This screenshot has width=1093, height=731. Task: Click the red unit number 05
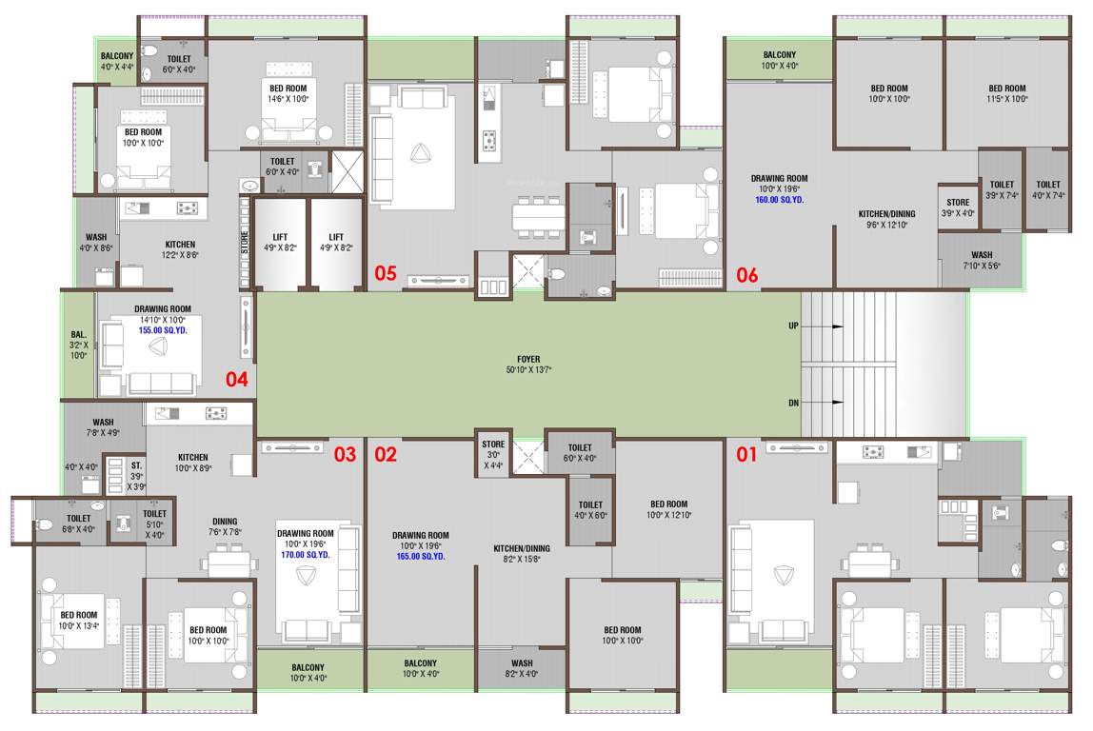click(x=385, y=274)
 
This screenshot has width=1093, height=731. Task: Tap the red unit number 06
click(x=747, y=275)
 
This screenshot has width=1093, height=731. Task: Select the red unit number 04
click(x=236, y=380)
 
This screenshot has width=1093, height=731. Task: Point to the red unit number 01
click(x=747, y=454)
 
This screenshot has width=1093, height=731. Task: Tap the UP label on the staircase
click(x=793, y=326)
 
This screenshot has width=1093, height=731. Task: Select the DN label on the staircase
click(x=793, y=403)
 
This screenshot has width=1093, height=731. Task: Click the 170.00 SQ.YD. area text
click(x=305, y=554)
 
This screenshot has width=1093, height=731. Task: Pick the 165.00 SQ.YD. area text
click(x=420, y=556)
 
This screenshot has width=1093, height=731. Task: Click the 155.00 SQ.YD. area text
click(x=163, y=329)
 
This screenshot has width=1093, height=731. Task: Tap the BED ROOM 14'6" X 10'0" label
click(x=288, y=93)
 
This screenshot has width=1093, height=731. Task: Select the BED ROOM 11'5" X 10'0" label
click(x=1006, y=93)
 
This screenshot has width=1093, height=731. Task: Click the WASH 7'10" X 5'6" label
click(x=982, y=260)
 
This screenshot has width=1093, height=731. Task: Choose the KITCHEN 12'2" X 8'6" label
click(x=180, y=249)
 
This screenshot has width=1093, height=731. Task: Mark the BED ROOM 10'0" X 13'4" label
click(x=79, y=621)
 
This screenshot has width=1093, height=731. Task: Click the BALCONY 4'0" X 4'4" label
click(x=118, y=61)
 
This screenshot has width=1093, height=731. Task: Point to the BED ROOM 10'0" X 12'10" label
click(x=668, y=509)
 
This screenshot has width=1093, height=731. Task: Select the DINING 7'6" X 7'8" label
click(x=225, y=526)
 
